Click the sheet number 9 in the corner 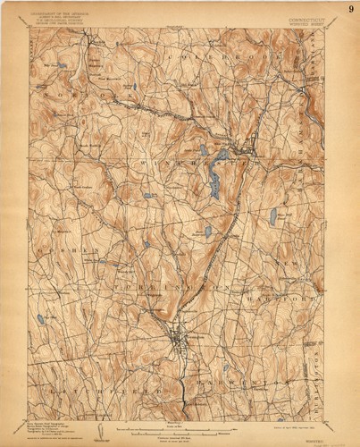[350, 10]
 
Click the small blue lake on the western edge [40, 318]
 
